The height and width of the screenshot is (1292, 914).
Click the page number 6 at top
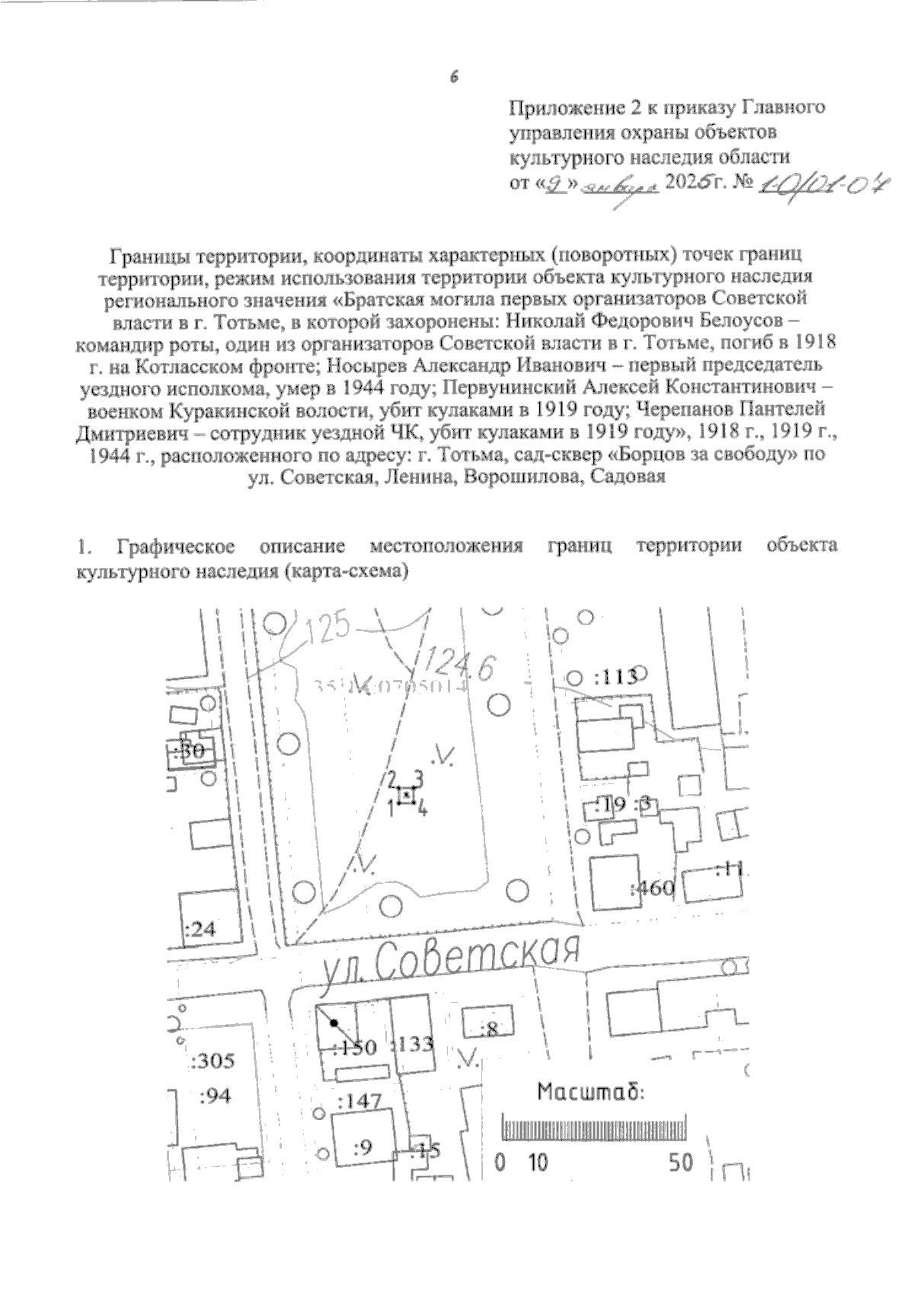(x=454, y=76)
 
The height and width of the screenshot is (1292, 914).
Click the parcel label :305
(x=213, y=1061)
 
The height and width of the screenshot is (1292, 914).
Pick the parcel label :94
(x=215, y=1096)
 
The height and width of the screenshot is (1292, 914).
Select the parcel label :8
(x=488, y=1030)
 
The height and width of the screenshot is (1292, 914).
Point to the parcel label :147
(x=358, y=1101)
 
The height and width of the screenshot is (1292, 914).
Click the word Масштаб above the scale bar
(x=591, y=1093)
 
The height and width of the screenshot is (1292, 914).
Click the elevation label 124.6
(x=460, y=664)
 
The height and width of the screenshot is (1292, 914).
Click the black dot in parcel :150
(x=334, y=1023)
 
